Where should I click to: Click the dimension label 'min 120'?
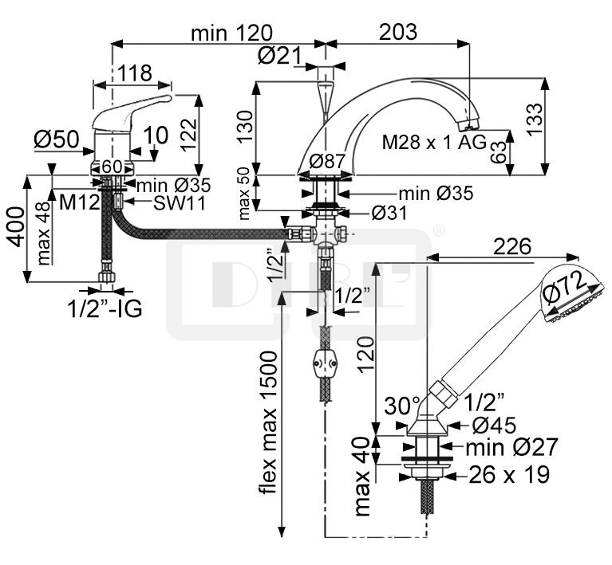point(231,33)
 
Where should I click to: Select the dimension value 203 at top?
point(398,32)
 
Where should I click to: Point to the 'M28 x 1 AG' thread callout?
point(433,143)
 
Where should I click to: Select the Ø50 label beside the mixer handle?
point(57,139)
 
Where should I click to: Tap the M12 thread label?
point(79,202)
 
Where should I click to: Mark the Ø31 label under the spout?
point(389,214)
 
